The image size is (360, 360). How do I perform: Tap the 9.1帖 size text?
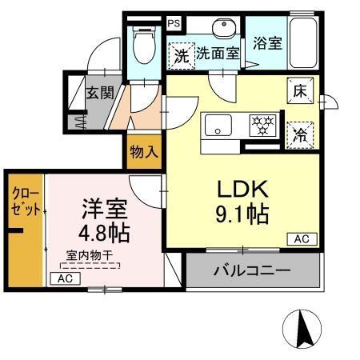(241, 214)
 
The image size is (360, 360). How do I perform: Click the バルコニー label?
(250, 270)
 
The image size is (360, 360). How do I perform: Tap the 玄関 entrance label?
(99, 92)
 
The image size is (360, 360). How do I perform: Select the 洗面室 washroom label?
(218, 54)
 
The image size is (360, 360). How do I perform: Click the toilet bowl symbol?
(145, 47)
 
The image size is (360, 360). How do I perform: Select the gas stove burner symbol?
(262, 126)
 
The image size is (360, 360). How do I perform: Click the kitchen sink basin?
(218, 126)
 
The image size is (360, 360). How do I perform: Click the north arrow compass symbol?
(304, 329)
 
